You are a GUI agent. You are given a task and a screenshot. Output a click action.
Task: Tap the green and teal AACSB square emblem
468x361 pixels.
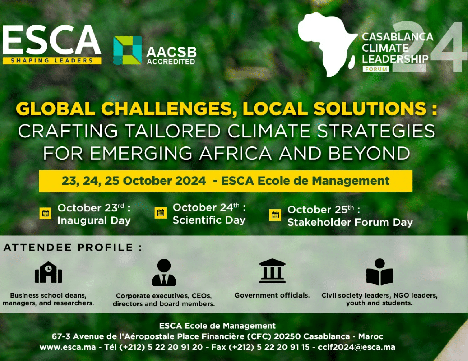pos(128,50)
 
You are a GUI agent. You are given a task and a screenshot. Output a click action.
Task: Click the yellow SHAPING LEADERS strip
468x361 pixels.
pos(52,61)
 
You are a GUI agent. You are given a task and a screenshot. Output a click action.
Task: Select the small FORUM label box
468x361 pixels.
pos(376,69)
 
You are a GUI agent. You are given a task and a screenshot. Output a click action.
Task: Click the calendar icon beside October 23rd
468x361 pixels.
pos(45,213)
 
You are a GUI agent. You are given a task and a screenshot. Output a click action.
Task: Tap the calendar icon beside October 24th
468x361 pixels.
pos(161,213)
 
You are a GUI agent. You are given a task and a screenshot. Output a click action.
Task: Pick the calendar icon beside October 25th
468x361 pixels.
pos(275,215)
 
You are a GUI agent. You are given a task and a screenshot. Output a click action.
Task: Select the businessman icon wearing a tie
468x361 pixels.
pos(164,272)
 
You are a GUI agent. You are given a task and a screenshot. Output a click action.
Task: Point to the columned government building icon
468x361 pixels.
pos(272,270)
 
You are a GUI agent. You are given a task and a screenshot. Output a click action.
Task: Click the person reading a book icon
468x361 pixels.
pos(379,272)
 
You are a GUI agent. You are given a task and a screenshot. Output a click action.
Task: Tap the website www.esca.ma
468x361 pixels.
pos(68,347)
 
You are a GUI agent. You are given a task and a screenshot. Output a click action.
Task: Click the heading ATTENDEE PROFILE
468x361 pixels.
pos(73,247)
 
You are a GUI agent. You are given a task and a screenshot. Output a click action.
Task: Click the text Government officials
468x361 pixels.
pos(272,295)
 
